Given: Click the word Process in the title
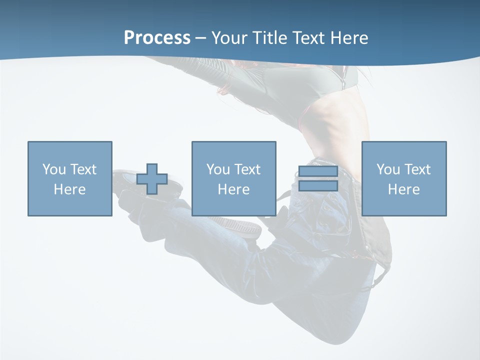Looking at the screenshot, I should (x=157, y=37).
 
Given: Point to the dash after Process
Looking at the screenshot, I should (x=201, y=38).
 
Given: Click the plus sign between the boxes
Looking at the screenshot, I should (x=152, y=179).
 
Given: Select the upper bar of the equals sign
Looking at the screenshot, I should (x=318, y=171).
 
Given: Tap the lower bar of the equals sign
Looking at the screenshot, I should (x=318, y=185).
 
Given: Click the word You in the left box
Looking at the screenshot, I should (x=54, y=169).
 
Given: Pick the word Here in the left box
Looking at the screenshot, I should (x=70, y=189).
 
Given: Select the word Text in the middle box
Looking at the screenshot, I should (x=247, y=169).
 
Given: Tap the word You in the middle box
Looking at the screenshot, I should (x=218, y=169).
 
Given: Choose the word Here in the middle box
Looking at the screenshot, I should (x=234, y=189).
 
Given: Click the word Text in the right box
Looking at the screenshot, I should (x=417, y=169).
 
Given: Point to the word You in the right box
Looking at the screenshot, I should (x=388, y=169).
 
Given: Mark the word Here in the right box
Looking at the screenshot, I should (x=404, y=189).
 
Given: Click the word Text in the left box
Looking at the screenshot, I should (x=83, y=169).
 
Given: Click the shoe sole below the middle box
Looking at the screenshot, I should (x=240, y=225).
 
